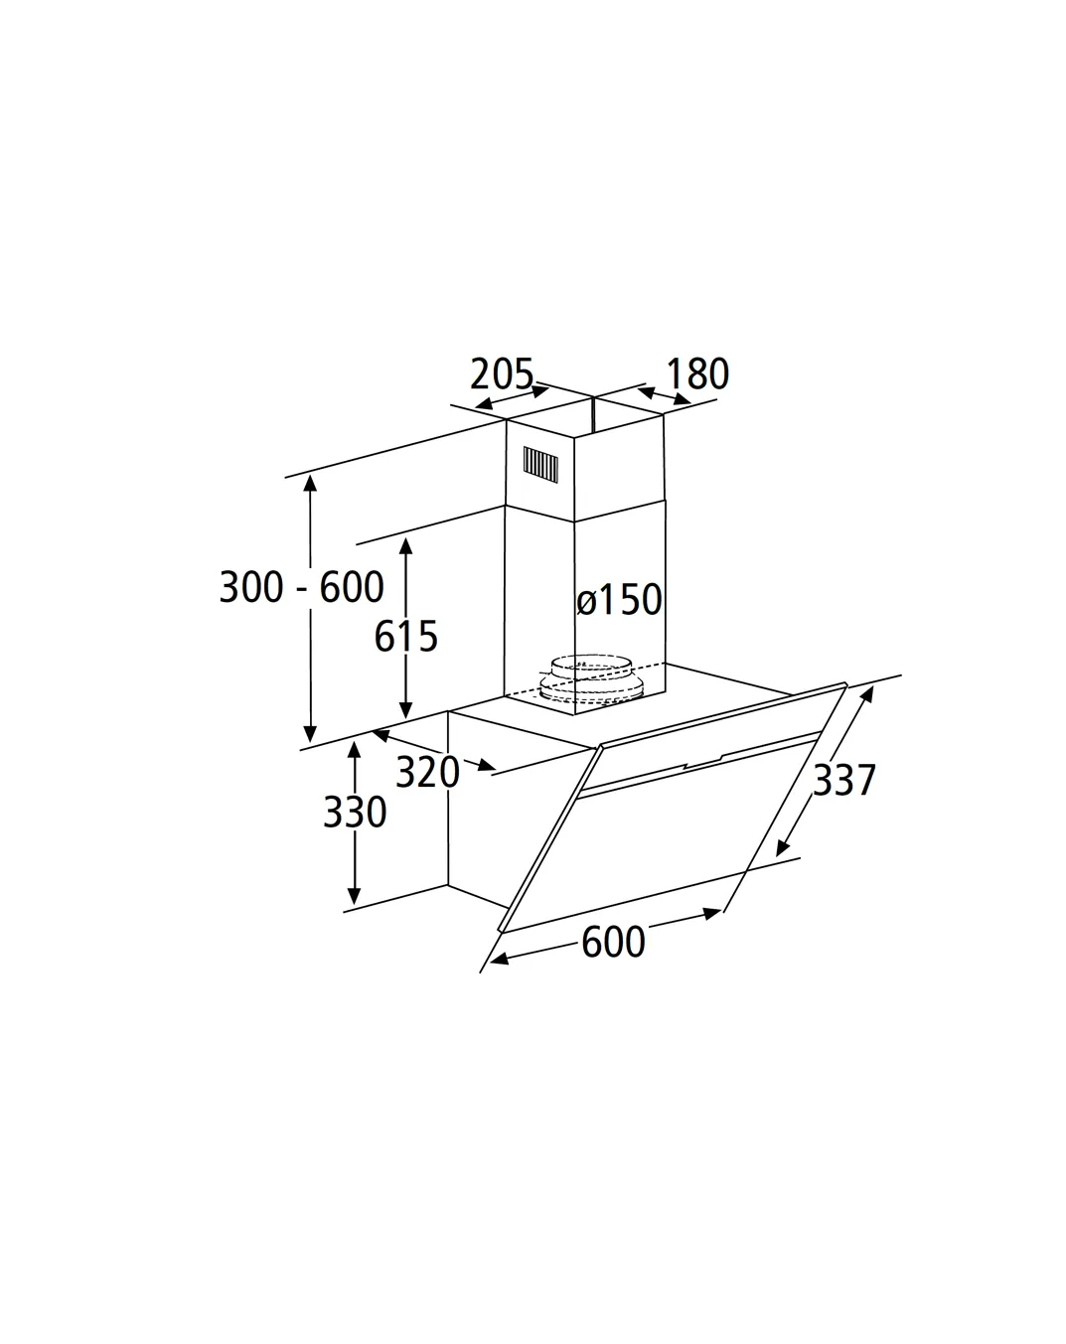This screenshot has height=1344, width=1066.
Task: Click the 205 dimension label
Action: tap(502, 373)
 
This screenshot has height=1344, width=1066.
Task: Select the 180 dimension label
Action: tap(697, 374)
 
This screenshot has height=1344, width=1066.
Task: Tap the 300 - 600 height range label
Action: tap(301, 587)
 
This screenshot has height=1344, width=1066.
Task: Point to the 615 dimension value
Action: tap(406, 637)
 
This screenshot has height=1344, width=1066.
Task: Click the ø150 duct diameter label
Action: tap(619, 600)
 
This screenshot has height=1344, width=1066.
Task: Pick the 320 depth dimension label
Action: tap(428, 772)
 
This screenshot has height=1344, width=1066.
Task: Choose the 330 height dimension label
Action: tap(355, 812)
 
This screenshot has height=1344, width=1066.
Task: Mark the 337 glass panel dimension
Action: tap(844, 780)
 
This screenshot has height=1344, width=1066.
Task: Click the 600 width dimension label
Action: tap(613, 942)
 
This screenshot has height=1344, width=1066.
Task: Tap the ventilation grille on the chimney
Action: tap(540, 465)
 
